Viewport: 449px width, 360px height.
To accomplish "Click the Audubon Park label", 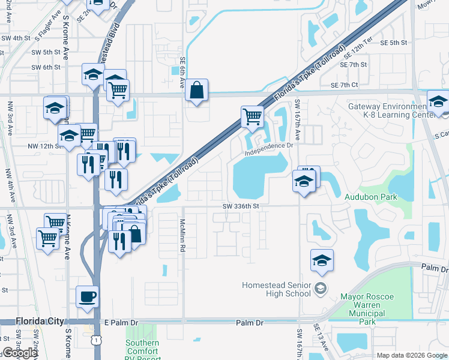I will click(371, 196).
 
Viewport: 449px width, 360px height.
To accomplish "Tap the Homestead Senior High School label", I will click(277, 289).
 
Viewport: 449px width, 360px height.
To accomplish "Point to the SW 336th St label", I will click(239, 206).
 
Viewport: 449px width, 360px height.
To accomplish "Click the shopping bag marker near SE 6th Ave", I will click(196, 91).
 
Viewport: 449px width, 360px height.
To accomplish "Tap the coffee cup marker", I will click(88, 296).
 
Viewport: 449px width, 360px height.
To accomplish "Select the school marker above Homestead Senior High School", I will click(322, 261).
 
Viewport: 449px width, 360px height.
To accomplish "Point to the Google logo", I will click(19, 353).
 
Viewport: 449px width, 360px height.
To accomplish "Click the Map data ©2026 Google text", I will click(412, 355).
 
